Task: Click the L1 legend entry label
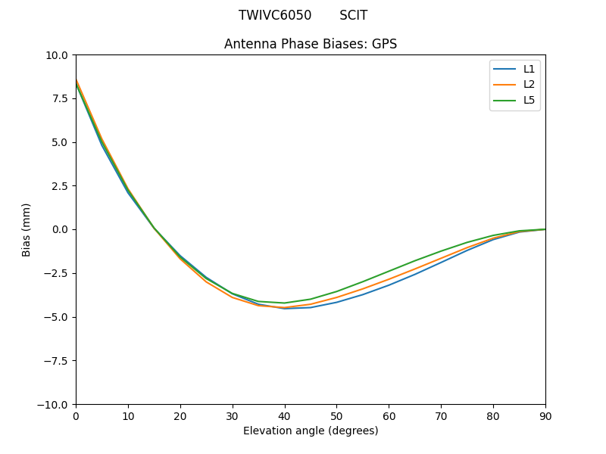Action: coord(529,69)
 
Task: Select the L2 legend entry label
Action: coord(529,85)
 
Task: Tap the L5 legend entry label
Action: coord(529,100)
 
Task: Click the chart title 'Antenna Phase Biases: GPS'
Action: coord(311,44)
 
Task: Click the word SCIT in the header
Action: coord(353,15)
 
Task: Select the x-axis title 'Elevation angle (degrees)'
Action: coord(311,431)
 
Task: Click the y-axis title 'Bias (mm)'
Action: coord(27,229)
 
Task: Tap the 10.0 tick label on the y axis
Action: coord(55,55)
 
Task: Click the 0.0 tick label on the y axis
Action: coord(58,229)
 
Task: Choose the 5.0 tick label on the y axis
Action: coord(58,142)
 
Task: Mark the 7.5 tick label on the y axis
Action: coord(58,98)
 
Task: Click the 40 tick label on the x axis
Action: coord(284,416)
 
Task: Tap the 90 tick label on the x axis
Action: coord(545,416)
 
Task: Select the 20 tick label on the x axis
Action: coord(180,416)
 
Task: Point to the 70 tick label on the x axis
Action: coord(441,416)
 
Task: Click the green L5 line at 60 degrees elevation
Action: coord(389,271)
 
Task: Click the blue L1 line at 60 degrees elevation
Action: coord(389,285)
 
